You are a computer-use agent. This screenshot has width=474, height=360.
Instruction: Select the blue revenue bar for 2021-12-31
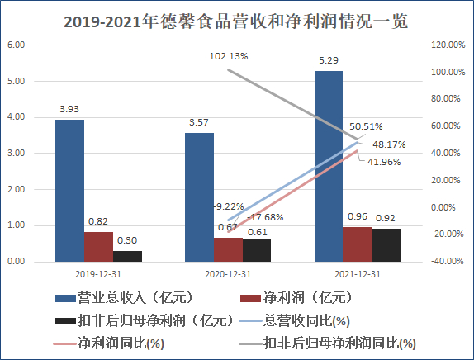pyautogui.click(x=328, y=166)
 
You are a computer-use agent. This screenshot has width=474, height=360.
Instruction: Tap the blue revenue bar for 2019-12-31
pyautogui.click(x=69, y=191)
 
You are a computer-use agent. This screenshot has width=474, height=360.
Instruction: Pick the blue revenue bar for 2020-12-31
pyautogui.click(x=199, y=197)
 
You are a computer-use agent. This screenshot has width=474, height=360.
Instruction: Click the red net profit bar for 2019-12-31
pyautogui.click(x=98, y=247)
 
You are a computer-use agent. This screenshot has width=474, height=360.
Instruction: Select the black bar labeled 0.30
pyautogui.click(x=127, y=256)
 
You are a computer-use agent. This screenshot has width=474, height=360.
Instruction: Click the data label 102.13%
pyautogui.click(x=228, y=57)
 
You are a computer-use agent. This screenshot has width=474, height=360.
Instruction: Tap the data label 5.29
pyautogui.click(x=328, y=59)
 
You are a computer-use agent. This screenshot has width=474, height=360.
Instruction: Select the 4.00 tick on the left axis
pyautogui.click(x=16, y=117)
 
